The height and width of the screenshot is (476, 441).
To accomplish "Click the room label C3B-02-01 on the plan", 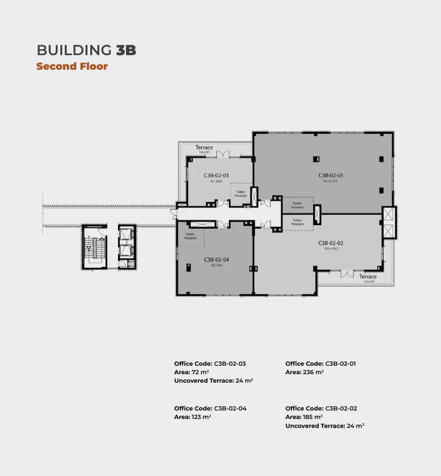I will coord(331,175).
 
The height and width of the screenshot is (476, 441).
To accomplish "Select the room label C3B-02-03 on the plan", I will coord(216,175).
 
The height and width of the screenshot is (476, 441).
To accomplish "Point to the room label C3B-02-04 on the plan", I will coord(216,259).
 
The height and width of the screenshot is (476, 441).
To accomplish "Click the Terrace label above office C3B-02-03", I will coord(204,147).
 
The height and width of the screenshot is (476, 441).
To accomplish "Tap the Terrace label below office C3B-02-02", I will coord(368,277).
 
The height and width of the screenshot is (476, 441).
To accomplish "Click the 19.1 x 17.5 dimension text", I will coord(330,181).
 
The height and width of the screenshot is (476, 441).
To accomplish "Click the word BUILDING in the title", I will coord(74,51).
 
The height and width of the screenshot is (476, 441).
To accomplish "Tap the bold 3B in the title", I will coord(126,51).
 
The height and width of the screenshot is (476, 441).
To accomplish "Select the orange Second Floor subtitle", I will coord(72,67).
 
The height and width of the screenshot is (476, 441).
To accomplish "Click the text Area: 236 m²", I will coord(304,372).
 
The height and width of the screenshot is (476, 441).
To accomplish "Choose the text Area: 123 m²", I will coord(193,417).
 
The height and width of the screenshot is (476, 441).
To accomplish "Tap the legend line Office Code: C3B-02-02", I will coord(321,408).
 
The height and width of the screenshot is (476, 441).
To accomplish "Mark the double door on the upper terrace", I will coord(223,154).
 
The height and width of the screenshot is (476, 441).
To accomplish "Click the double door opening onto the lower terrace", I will coord(347,273).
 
